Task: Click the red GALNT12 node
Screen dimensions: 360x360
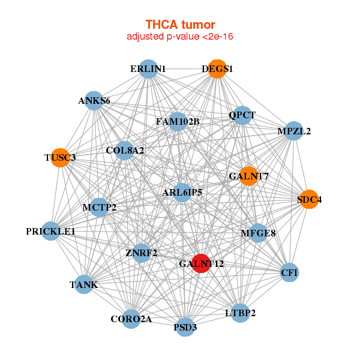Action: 201,263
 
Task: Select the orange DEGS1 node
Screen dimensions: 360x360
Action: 217,69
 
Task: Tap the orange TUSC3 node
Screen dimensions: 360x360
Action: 60,158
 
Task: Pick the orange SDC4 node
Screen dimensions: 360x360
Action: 309,200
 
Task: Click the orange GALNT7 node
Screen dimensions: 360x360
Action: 248,176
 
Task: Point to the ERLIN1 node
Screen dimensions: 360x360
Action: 148,69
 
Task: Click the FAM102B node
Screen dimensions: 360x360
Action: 178,122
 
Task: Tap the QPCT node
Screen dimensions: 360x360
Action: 242,115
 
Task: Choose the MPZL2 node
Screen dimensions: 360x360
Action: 293,131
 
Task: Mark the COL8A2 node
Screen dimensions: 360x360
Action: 125,151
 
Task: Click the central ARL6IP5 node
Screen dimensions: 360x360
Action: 182,193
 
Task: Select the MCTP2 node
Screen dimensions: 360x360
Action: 99,208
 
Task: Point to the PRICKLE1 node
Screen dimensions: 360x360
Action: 50,232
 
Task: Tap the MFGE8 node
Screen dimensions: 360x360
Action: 258,233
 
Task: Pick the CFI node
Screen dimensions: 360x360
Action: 289,273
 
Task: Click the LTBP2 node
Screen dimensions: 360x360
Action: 241,313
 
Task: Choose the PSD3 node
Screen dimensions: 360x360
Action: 185,327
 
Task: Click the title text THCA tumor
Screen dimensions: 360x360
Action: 180,25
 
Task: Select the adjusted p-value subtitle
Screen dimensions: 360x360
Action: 180,37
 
